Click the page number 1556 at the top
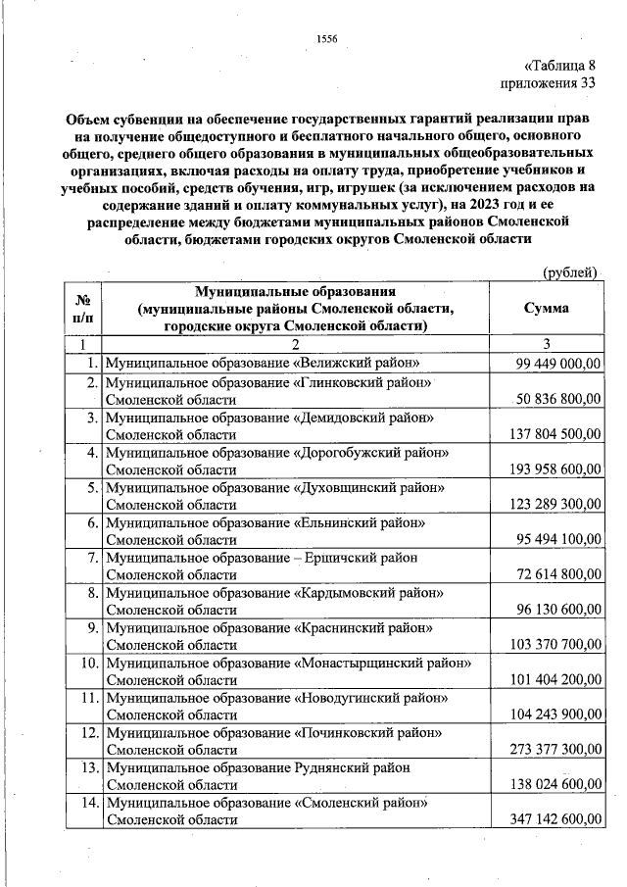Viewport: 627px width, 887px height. (x=327, y=39)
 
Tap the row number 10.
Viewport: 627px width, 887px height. (x=86, y=664)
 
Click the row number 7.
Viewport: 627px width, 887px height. (x=90, y=558)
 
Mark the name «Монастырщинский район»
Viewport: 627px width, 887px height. (x=382, y=664)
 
